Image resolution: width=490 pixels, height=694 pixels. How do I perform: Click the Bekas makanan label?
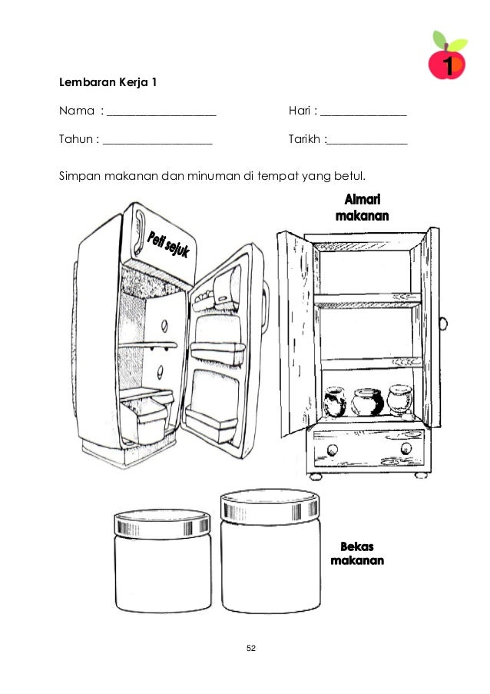click(357, 553)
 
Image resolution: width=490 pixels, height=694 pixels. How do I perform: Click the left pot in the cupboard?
click(336, 402)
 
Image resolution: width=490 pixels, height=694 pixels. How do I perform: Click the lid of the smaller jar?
click(163, 524)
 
